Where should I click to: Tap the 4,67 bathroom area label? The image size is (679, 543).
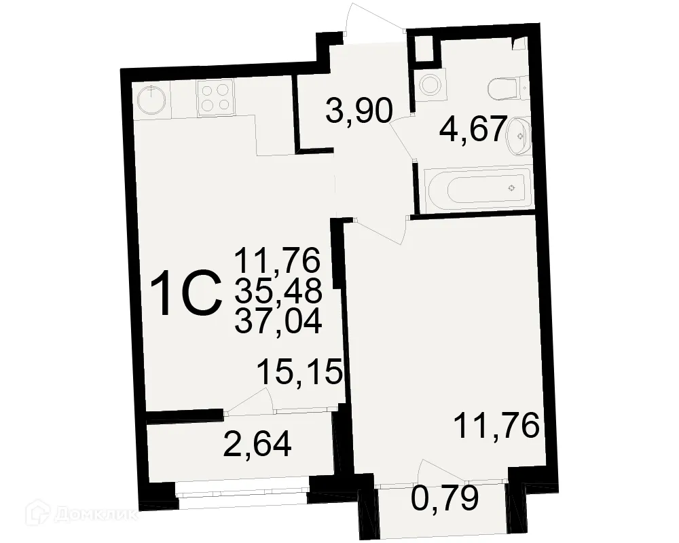(x=473, y=128)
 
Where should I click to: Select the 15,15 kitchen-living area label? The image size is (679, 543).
(x=298, y=373)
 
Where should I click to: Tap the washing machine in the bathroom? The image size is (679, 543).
(x=428, y=86)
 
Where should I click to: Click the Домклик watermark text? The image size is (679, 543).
(x=95, y=514)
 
